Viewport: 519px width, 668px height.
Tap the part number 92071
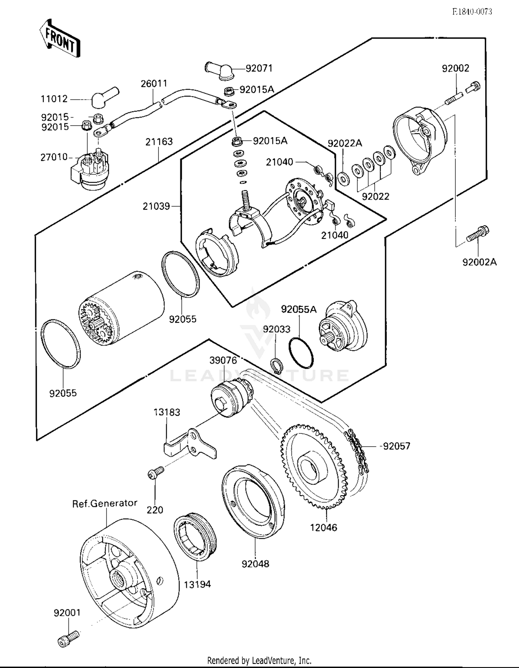point(259,68)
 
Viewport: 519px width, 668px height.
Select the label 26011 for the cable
point(154,83)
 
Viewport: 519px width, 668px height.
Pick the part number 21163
point(159,141)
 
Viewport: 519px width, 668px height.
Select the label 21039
point(156,206)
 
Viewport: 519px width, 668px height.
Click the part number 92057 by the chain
point(397,446)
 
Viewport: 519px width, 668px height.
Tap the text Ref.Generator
point(104,503)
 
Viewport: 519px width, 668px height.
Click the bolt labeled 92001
point(68,639)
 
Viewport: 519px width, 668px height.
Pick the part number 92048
point(255,564)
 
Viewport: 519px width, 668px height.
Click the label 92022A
point(345,143)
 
